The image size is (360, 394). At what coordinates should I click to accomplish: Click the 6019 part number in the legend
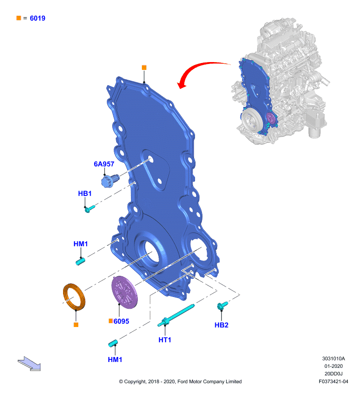37,18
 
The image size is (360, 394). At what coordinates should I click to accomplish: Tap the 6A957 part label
104,164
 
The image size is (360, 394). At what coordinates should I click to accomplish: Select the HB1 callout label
85,194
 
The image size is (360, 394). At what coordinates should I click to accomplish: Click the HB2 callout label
221,325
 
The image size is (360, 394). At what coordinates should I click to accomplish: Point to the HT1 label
164,340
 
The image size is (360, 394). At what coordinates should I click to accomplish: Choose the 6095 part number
121,321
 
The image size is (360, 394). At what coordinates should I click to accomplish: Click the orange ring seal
74,297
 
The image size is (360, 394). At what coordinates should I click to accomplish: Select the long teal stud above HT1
176,315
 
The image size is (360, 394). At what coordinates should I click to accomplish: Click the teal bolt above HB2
222,305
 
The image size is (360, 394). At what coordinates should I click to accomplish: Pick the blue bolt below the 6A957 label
110,180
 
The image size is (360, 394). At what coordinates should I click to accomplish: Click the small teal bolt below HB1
90,208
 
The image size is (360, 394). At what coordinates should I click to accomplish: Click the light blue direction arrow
29,363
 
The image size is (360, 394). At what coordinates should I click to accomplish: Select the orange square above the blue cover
144,67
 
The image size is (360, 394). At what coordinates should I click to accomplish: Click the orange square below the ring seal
76,325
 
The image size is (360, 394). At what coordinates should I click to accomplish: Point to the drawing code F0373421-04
333,381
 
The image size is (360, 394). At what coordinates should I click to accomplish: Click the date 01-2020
333,366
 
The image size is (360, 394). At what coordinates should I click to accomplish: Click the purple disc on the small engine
270,118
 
